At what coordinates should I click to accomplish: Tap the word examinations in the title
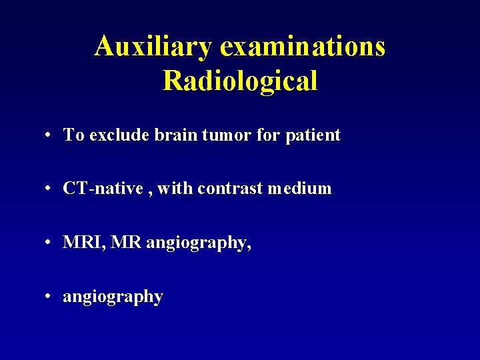click(x=302, y=46)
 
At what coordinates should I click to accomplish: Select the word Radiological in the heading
click(x=240, y=81)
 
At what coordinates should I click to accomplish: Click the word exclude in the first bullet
click(x=119, y=135)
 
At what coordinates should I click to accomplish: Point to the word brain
click(x=173, y=135)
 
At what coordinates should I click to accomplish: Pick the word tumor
click(x=220, y=135)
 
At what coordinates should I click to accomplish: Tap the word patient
click(x=313, y=135)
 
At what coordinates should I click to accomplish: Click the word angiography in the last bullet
click(x=113, y=297)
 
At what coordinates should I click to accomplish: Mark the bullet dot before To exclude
click(x=49, y=136)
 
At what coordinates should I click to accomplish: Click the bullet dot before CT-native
click(x=49, y=189)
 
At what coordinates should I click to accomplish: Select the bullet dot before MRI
click(x=49, y=243)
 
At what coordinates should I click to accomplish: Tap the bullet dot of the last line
click(x=49, y=297)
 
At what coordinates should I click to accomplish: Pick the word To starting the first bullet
click(x=73, y=135)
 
